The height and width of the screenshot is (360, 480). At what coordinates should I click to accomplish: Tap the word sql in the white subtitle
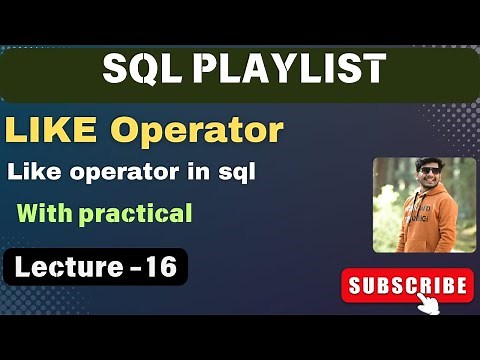pyautogui.click(x=237, y=172)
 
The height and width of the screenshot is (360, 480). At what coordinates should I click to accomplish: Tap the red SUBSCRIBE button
pyautogui.click(x=406, y=286)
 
